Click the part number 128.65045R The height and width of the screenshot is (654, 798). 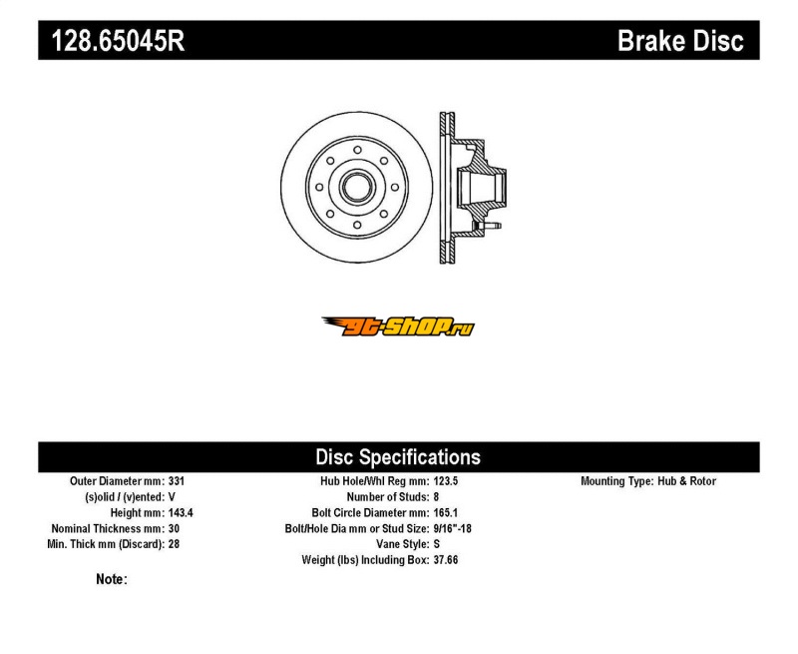pyautogui.click(x=118, y=40)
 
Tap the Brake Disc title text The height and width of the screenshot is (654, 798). pyautogui.click(x=680, y=40)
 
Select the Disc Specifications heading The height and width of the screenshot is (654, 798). pyautogui.click(x=398, y=457)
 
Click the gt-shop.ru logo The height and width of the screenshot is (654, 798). pyautogui.click(x=398, y=327)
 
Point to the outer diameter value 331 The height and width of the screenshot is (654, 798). pyautogui.click(x=177, y=481)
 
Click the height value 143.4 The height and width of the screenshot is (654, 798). pyautogui.click(x=181, y=512)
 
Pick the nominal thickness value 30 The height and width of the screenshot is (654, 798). pyautogui.click(x=174, y=528)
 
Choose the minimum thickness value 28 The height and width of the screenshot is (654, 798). pyautogui.click(x=174, y=544)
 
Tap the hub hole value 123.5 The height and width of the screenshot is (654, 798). pyautogui.click(x=446, y=481)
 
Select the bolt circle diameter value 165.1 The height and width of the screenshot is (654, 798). pyautogui.click(x=446, y=512)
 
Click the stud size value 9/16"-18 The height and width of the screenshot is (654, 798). pyautogui.click(x=453, y=528)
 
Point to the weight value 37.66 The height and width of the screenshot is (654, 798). pyautogui.click(x=446, y=560)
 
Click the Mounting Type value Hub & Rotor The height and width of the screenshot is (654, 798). pyautogui.click(x=686, y=481)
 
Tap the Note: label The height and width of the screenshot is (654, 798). pyautogui.click(x=112, y=579)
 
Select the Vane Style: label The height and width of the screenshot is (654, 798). pyautogui.click(x=403, y=544)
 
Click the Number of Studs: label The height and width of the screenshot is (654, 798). pyautogui.click(x=388, y=496)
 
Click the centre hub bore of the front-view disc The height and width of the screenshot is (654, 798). pyautogui.click(x=357, y=188)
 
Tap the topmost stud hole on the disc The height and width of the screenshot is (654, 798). pyautogui.click(x=357, y=150)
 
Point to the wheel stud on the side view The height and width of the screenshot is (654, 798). pyautogui.click(x=488, y=225)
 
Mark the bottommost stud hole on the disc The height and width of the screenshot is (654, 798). pyautogui.click(x=357, y=225)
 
